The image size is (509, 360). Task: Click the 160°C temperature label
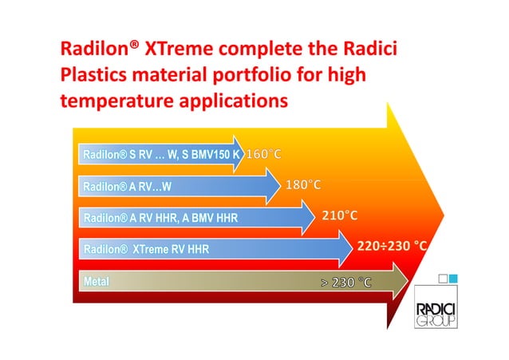263,154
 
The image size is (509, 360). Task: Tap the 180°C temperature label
303,185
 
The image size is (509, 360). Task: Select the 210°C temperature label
340,216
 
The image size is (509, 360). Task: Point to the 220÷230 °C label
392,246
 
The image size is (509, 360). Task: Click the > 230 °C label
345,283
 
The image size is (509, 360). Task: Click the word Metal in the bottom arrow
97,281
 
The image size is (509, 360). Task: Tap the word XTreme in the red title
179,49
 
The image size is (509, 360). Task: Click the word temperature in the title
116,101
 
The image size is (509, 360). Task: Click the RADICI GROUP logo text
436,315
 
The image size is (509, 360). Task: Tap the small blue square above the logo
453,279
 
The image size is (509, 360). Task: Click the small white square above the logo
443,279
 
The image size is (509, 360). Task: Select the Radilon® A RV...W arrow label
128,187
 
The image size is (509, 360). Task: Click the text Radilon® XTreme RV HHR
147,249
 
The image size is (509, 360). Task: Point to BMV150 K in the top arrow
215,154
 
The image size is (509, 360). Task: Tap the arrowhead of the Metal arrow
400,281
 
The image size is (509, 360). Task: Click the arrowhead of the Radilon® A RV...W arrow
273,186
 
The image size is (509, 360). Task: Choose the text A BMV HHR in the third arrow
210,218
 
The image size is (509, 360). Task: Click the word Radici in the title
370,49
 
